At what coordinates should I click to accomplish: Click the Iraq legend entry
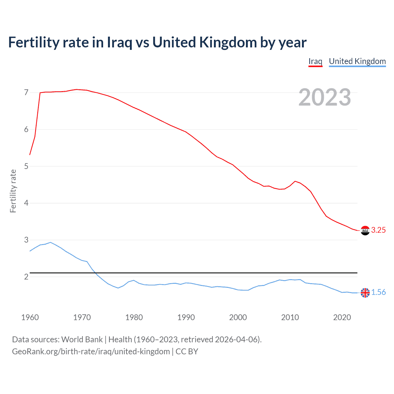(315, 61)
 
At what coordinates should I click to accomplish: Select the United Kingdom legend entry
(357, 61)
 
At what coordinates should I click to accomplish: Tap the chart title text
(157, 42)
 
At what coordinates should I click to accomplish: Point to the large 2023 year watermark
(324, 97)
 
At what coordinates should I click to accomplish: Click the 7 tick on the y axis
(26, 93)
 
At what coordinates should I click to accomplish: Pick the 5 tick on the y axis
(26, 167)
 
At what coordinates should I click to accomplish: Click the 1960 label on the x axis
(30, 317)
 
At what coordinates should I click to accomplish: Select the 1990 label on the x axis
(186, 317)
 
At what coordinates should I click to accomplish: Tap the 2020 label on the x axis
(342, 317)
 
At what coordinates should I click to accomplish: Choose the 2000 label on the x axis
(238, 317)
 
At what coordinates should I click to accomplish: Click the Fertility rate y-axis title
(13, 191)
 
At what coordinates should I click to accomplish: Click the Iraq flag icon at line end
(365, 230)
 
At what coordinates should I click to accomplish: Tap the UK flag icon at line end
(365, 293)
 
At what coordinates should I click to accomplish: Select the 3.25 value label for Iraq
(378, 230)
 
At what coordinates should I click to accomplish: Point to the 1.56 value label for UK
(378, 292)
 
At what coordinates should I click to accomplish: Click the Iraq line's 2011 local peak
(295, 181)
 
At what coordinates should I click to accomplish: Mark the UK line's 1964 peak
(50, 242)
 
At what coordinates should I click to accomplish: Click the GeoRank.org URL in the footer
(91, 352)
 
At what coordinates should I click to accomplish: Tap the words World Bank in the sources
(82, 340)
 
